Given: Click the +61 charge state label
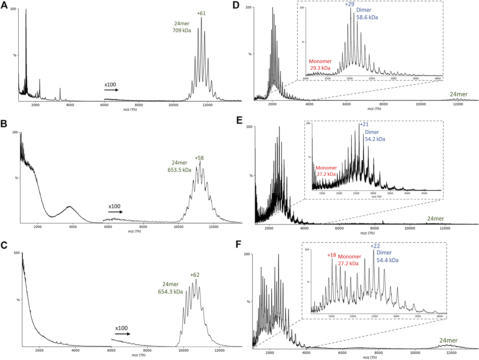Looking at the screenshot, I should click(201, 13).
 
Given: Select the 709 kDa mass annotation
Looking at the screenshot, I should click(182, 31).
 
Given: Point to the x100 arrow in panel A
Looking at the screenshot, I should click(111, 90).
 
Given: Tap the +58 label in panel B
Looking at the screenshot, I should click(199, 158).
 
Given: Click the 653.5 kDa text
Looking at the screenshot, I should click(179, 170).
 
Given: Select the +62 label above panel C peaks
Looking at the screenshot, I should click(195, 275).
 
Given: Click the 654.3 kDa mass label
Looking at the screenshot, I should click(170, 292).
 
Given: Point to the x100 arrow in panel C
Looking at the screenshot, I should click(122, 334).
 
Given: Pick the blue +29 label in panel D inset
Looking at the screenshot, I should click(350, 4).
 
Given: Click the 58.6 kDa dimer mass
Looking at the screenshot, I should click(367, 18).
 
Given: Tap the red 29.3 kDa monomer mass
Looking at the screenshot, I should click(320, 68).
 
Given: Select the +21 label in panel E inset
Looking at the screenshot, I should click(364, 124).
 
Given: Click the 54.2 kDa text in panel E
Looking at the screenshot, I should click(375, 139).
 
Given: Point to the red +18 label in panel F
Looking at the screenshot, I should click(331, 255).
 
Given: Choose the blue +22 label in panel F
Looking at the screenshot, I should click(375, 246).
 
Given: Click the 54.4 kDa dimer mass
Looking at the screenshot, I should click(387, 260).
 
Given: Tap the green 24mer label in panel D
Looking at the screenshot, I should click(458, 94).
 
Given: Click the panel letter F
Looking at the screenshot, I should click(238, 244).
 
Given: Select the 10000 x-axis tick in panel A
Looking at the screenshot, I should click(173, 105).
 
